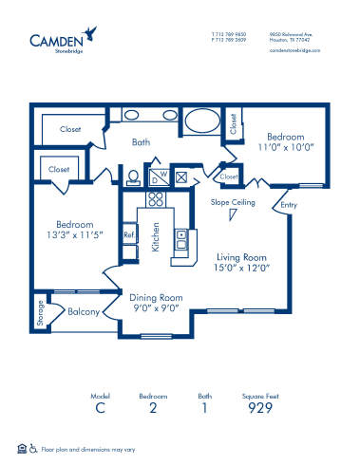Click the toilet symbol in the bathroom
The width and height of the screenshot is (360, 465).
(x=132, y=176)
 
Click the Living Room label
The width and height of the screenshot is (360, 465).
(x=240, y=257)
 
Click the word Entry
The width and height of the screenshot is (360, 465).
(x=288, y=204)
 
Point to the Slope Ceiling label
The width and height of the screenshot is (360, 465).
(x=232, y=201)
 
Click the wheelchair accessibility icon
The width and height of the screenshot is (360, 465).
(x=34, y=448)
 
